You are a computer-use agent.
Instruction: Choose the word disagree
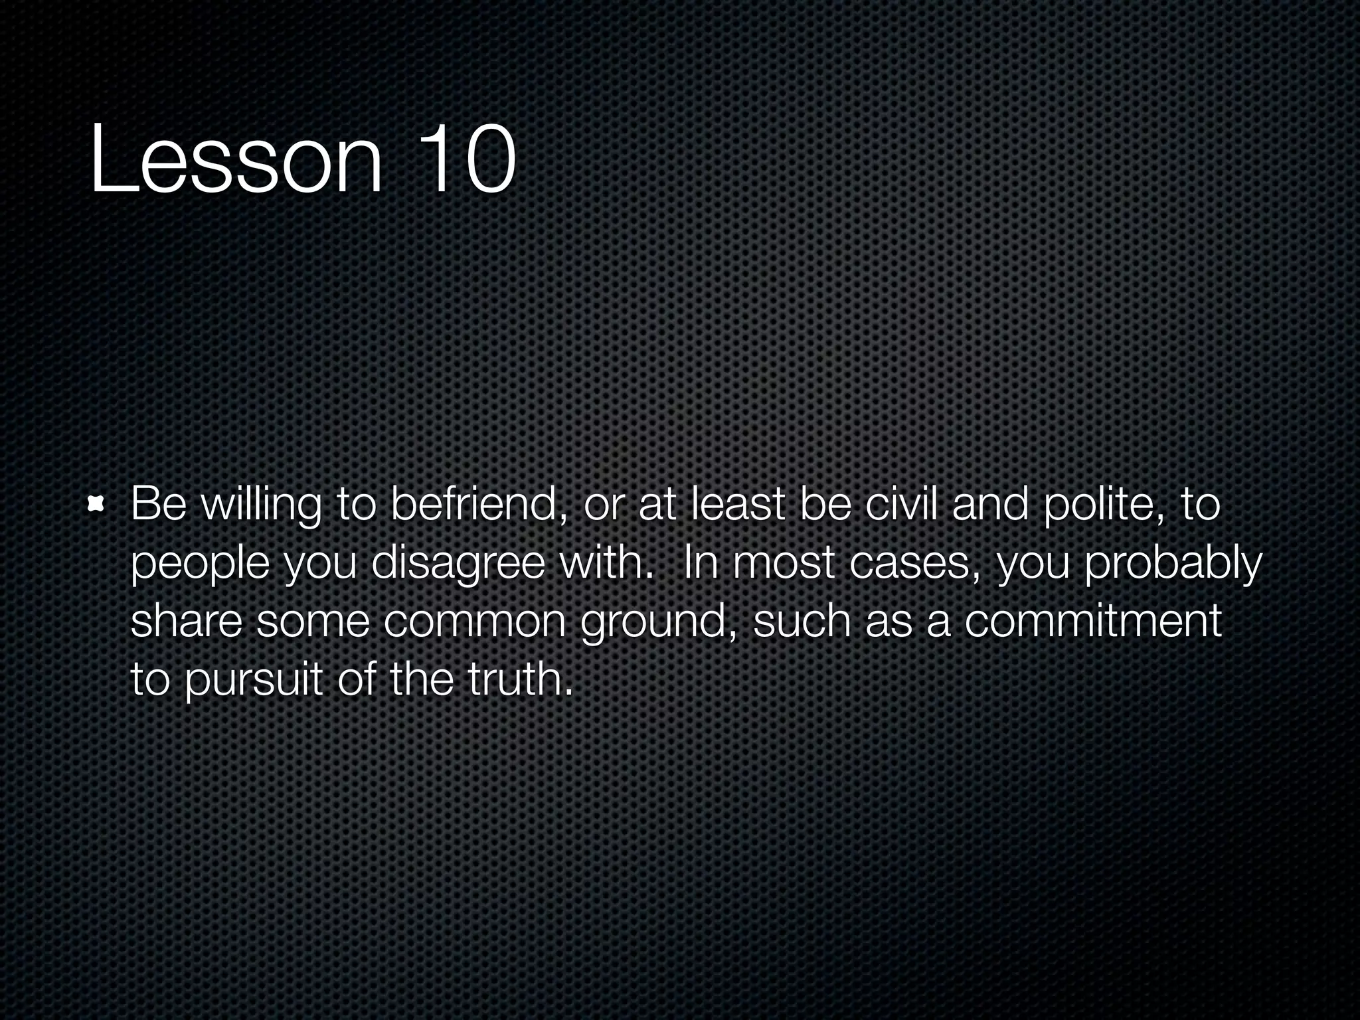coord(458,564)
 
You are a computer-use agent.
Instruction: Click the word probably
coord(1173,564)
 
